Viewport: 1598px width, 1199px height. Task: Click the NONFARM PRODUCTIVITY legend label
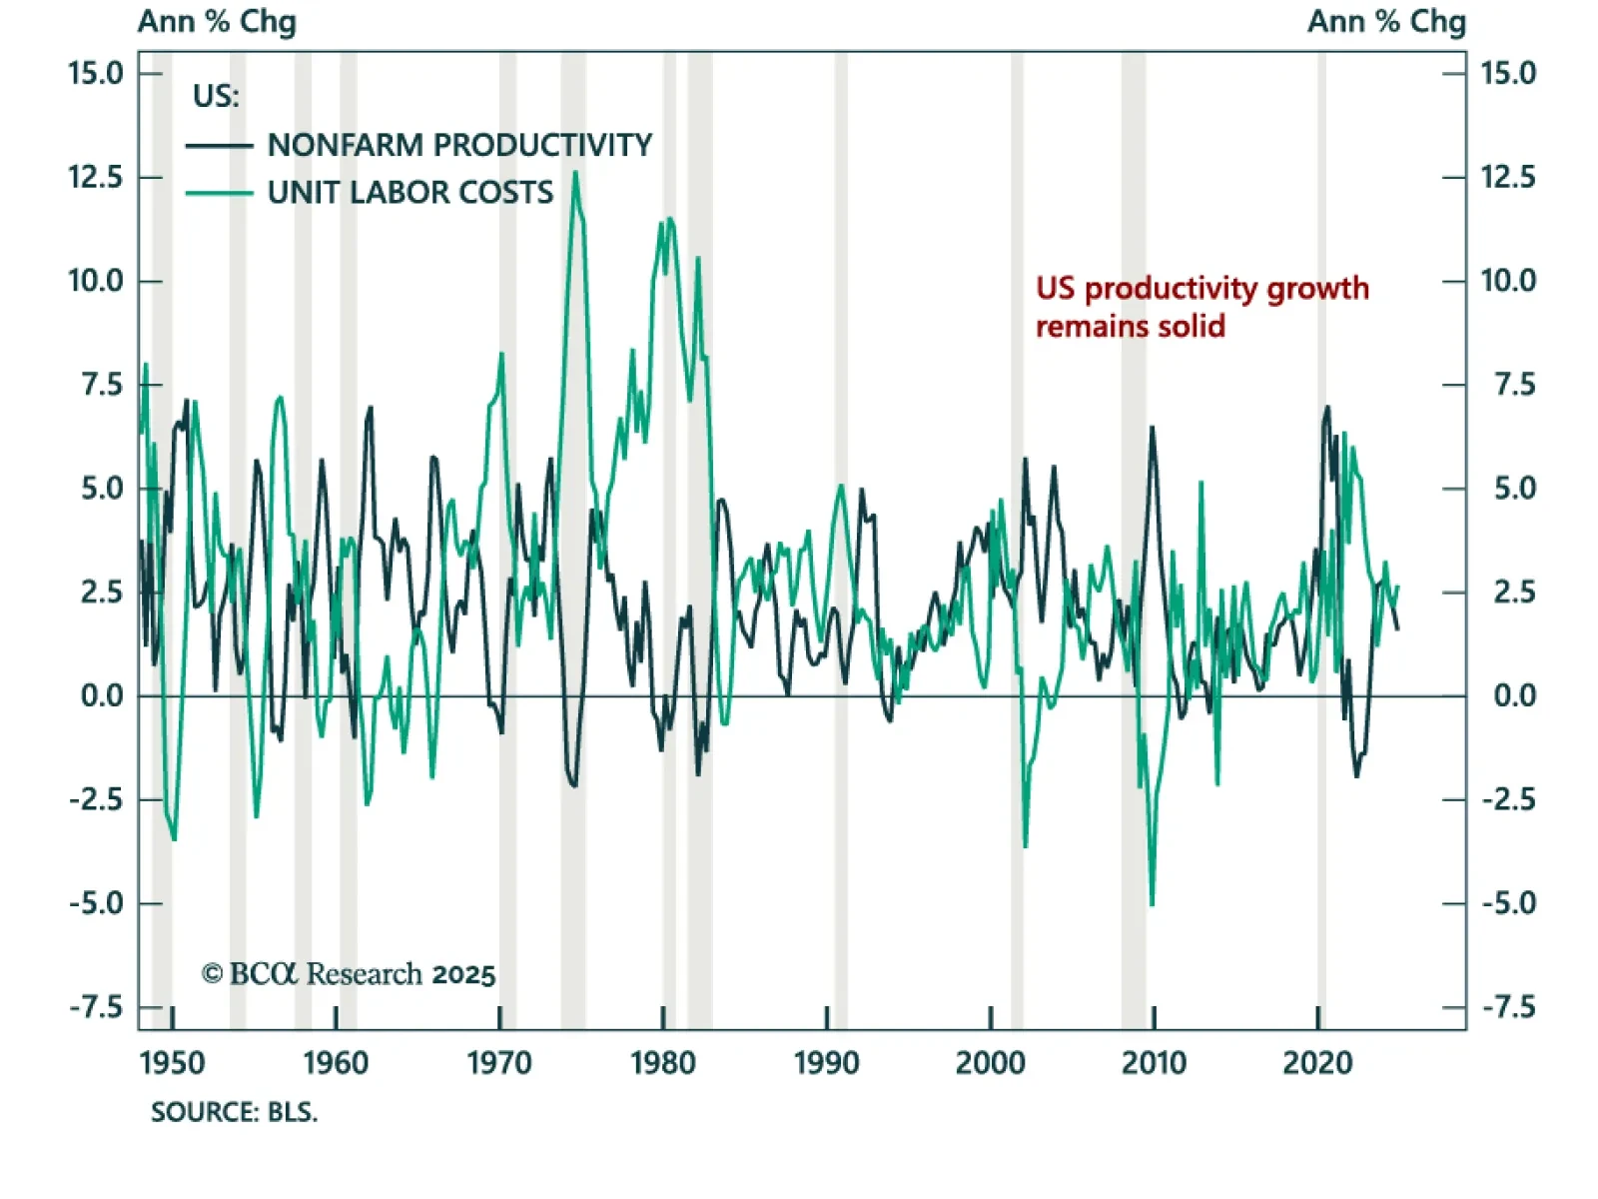point(459,145)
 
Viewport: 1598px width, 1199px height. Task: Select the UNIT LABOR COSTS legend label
point(409,192)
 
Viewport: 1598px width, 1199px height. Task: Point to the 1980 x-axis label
point(662,1062)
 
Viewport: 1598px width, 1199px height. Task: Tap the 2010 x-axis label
point(1154,1062)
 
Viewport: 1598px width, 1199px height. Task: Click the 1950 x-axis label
point(172,1062)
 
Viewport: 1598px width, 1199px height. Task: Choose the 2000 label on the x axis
point(990,1062)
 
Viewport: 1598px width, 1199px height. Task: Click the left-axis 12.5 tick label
point(95,177)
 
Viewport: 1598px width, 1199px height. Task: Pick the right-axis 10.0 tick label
point(1508,281)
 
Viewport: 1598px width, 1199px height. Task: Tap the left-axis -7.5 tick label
point(96,1007)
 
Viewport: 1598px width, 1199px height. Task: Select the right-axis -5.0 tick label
point(1508,903)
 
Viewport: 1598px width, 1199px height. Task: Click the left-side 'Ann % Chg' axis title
point(217,21)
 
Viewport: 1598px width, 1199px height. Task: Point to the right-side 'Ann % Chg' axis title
point(1386,21)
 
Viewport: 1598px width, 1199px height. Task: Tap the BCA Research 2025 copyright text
point(349,973)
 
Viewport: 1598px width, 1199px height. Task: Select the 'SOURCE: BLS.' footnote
point(234,1112)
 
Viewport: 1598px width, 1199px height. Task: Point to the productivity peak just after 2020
point(1327,407)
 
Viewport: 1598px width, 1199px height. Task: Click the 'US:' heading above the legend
point(216,96)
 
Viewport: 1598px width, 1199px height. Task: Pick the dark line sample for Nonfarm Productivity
point(219,146)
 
